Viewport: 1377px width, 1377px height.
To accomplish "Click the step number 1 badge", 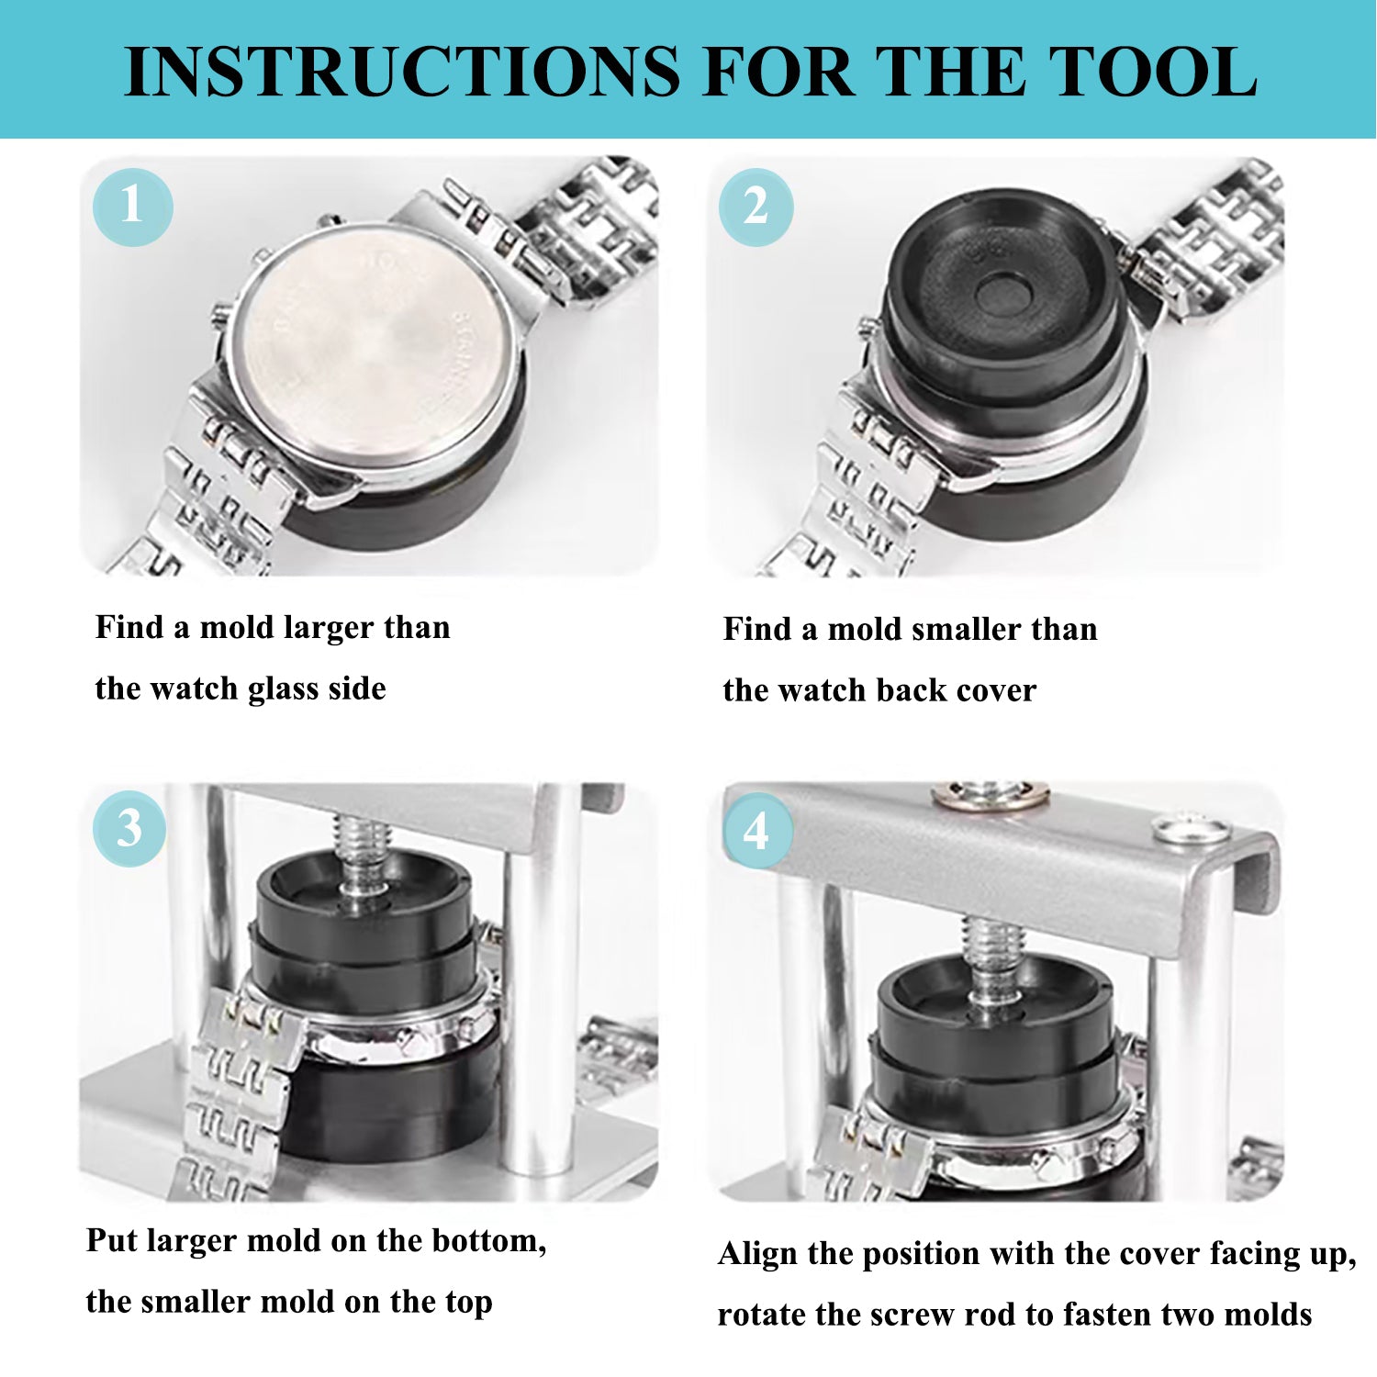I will click(132, 205).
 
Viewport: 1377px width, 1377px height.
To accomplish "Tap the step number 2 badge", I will click(756, 207).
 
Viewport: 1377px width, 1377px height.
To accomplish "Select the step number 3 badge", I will click(129, 829).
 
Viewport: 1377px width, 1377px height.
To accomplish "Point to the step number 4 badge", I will click(756, 832).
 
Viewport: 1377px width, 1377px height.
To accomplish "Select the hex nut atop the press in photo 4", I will click(990, 795).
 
